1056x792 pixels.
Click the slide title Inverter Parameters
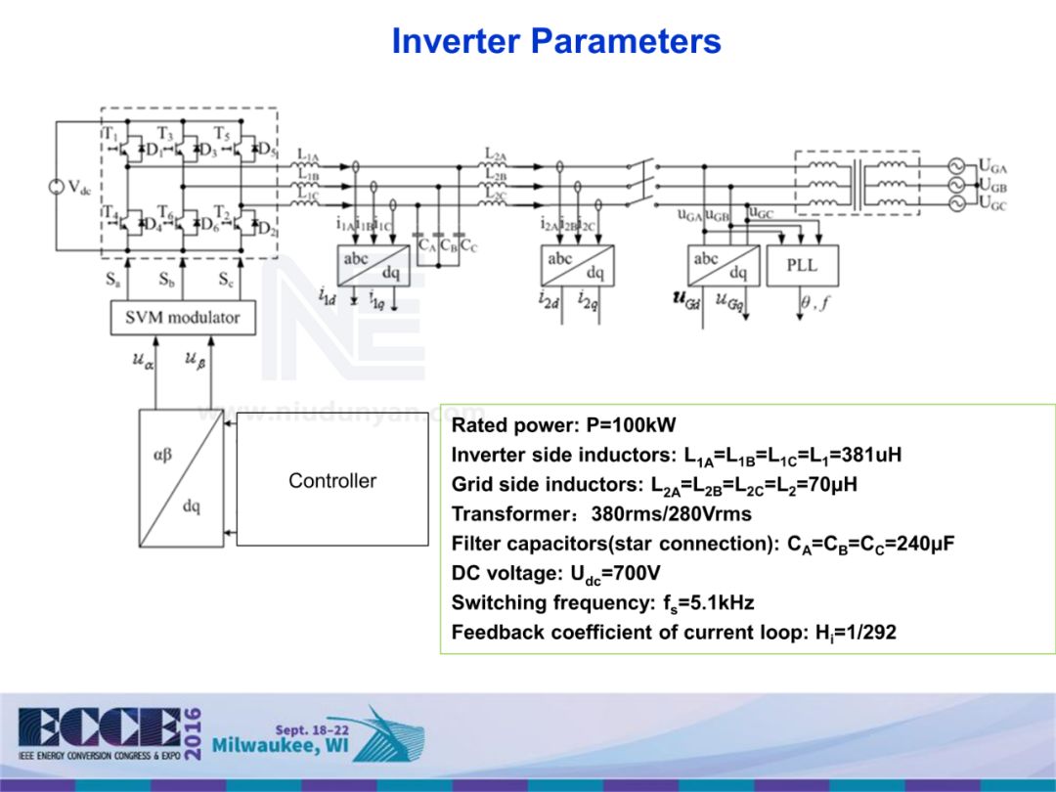[555, 42]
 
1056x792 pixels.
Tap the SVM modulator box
[183, 318]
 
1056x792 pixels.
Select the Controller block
[332, 480]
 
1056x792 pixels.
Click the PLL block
[802, 266]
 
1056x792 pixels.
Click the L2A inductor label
[496, 154]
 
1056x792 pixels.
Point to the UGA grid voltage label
[993, 167]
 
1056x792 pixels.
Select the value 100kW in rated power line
[643, 425]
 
